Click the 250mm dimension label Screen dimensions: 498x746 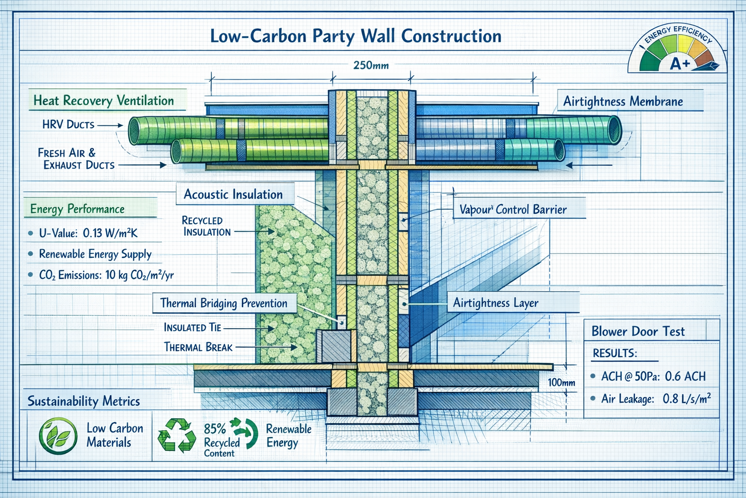(x=371, y=65)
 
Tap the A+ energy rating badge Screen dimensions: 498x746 (x=679, y=63)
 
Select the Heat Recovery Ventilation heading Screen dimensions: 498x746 (x=103, y=101)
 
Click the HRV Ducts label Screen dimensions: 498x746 (x=68, y=124)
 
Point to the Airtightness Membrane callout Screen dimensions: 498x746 (x=623, y=102)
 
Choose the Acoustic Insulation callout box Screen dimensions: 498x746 (x=233, y=195)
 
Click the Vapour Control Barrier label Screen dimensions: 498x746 (x=513, y=210)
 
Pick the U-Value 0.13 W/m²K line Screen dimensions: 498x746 (x=88, y=233)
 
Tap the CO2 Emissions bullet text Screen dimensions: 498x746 (x=106, y=275)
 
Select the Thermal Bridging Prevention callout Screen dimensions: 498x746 (x=224, y=303)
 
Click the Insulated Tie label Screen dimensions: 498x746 (x=192, y=327)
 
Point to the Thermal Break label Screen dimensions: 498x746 (x=198, y=347)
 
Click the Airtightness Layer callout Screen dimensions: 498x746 (x=496, y=303)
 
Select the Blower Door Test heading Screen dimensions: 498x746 (x=638, y=332)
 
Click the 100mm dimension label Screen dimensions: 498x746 (x=561, y=382)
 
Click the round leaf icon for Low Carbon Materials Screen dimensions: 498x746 (x=58, y=436)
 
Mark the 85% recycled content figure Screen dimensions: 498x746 (x=215, y=428)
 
